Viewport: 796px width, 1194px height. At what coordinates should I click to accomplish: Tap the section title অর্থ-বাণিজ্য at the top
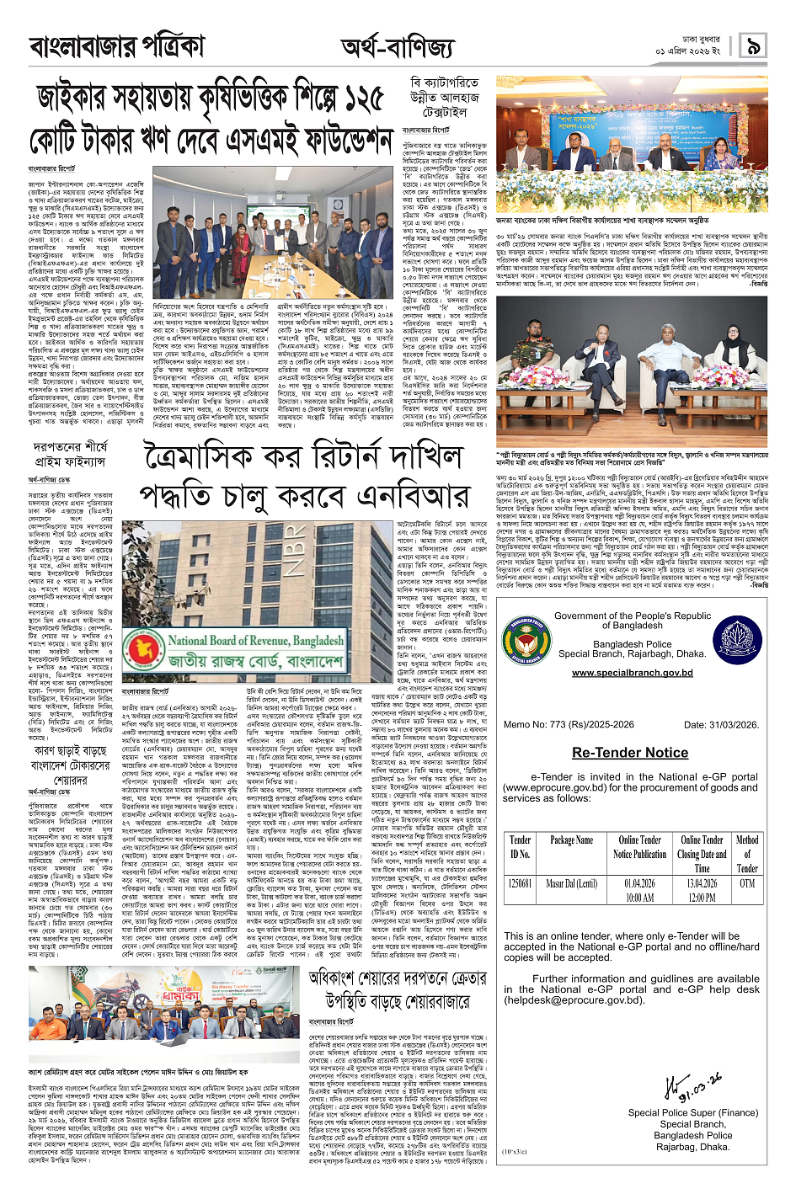(x=397, y=48)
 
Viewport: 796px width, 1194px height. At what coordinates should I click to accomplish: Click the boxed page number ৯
(x=753, y=45)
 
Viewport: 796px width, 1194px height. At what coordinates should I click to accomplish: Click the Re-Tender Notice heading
(x=629, y=753)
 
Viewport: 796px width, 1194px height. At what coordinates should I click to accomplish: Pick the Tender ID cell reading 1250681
(x=520, y=883)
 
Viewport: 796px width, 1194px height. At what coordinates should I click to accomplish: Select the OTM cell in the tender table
(x=747, y=883)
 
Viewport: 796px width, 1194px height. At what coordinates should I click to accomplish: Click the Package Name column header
(x=572, y=840)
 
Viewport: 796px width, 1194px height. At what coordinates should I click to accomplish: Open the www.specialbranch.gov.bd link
(x=632, y=673)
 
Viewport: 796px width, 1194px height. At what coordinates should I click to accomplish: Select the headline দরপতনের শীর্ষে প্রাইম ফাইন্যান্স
(x=71, y=454)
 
